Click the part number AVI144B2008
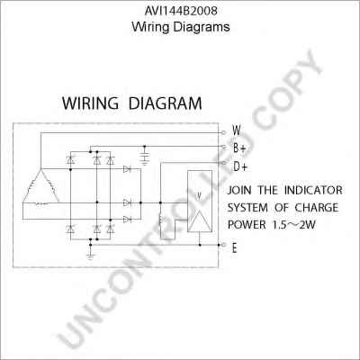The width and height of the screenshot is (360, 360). point(181,11)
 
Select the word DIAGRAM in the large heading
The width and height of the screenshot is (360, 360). point(165,103)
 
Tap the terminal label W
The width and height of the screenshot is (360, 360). point(237,130)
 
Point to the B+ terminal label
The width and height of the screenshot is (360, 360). point(239,148)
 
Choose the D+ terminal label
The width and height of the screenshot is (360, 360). point(239,166)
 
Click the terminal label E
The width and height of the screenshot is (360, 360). point(234,248)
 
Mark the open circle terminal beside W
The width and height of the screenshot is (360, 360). point(223,132)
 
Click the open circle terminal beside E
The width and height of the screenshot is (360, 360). point(223,245)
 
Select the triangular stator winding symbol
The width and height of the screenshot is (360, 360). point(40,187)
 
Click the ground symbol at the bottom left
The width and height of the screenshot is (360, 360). point(90,256)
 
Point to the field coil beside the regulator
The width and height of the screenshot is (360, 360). point(160,220)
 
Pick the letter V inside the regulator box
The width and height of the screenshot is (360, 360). point(198,196)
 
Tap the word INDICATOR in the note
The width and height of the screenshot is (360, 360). point(313,190)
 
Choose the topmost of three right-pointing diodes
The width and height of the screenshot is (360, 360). point(127,169)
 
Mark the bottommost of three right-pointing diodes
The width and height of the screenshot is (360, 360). point(127,220)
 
